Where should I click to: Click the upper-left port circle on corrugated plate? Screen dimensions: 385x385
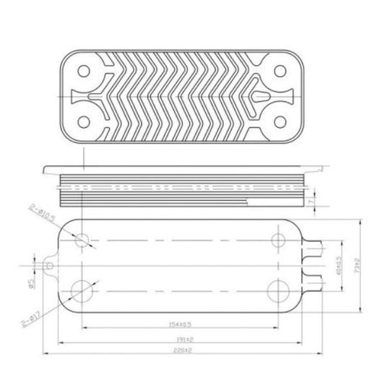pyautogui.click(x=85, y=72)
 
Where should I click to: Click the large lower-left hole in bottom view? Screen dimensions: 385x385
pyautogui.click(x=84, y=291)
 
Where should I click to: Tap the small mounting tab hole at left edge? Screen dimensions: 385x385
pyautogui.click(x=50, y=267)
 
